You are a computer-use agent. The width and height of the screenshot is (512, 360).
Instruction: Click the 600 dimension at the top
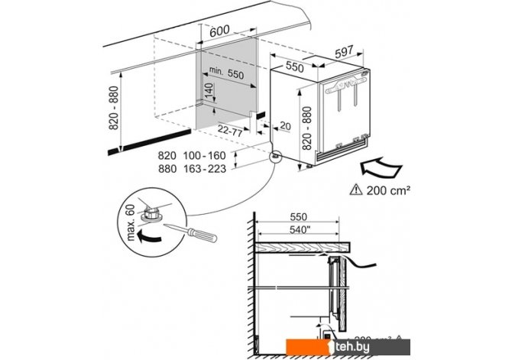coord(219,31)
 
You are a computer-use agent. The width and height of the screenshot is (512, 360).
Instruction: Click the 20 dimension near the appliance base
coord(285,126)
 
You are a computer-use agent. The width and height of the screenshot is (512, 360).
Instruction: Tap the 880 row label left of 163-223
coord(167,169)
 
